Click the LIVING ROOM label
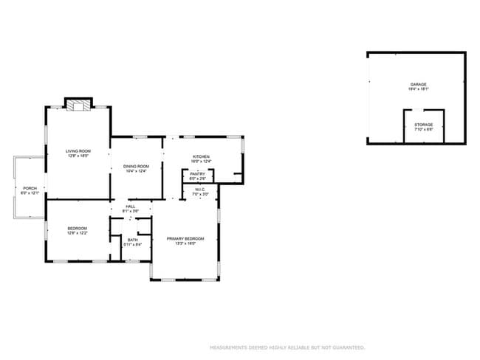pos(79,150)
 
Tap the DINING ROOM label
pos(136,166)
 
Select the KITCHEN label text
pos(201,156)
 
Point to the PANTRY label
pos(197,174)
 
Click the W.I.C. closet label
pos(201,190)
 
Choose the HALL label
pos(130,207)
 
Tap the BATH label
pos(133,239)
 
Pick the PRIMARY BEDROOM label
pos(185,238)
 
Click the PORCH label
pos(30,188)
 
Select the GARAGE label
pos(419,84)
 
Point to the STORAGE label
pos(423,125)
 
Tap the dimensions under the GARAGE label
pos(419,89)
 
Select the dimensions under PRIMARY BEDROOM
pos(185,243)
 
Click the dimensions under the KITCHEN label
pos(201,162)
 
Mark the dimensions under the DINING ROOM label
pos(136,171)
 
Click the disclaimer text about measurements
pos(287,347)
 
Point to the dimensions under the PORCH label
pos(30,193)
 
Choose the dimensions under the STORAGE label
pos(423,130)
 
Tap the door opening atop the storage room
pos(423,111)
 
